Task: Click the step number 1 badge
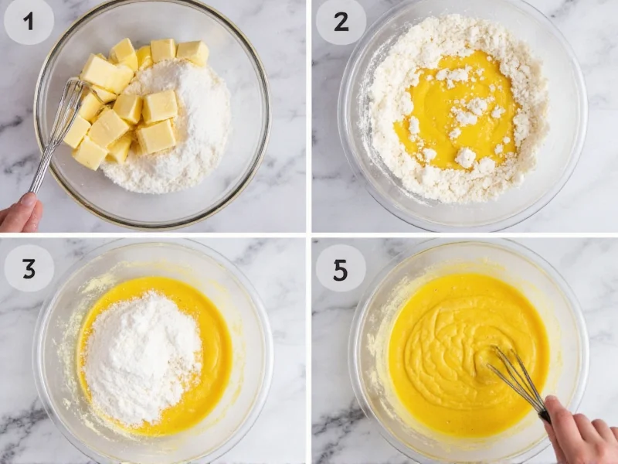[29, 22]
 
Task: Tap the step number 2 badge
[341, 22]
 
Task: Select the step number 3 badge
[29, 268]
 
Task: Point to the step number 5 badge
[341, 268]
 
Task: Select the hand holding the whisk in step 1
[19, 214]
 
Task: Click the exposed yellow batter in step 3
[209, 363]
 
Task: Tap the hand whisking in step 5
[579, 433]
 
